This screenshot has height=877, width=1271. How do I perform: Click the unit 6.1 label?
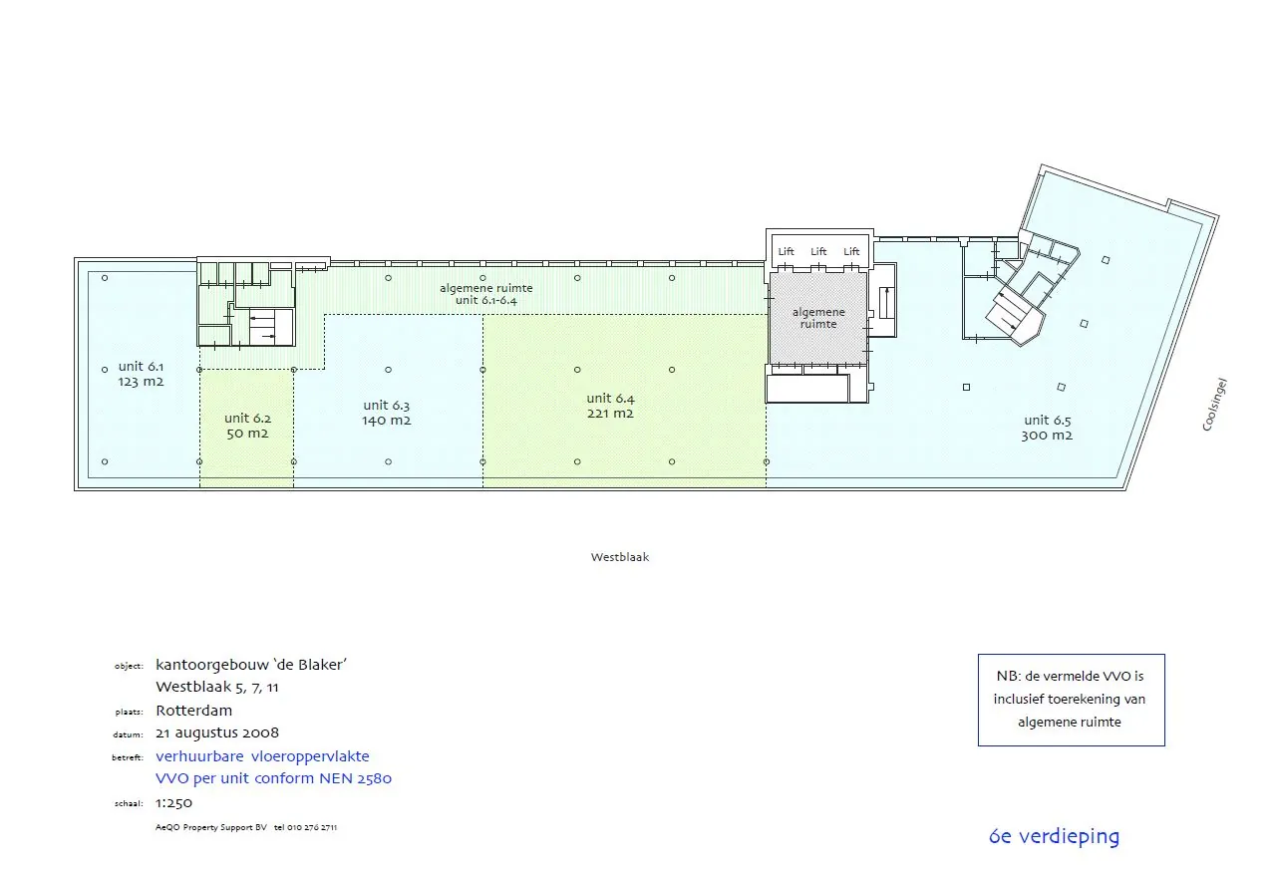(x=141, y=367)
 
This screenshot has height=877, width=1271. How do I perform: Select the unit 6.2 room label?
(x=247, y=419)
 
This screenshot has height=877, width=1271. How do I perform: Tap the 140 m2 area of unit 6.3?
(x=387, y=421)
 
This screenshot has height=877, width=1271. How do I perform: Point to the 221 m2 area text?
(x=610, y=414)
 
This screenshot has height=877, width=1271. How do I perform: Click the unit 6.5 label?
(x=1047, y=421)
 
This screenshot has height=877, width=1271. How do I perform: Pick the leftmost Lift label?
(x=787, y=252)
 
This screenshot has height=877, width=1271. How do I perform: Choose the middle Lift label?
(x=818, y=252)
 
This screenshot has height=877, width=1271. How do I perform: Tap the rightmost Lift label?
(x=851, y=252)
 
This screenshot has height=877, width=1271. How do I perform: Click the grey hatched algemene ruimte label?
(x=818, y=318)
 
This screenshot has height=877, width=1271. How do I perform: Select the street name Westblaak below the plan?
(x=619, y=558)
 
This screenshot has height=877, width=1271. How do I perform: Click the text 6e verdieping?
(x=1054, y=837)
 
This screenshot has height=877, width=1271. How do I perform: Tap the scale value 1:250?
(x=174, y=802)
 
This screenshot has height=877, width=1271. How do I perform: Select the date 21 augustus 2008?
(x=217, y=733)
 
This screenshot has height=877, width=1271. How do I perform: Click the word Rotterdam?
(x=194, y=711)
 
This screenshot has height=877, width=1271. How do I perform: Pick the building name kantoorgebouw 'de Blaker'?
(x=251, y=665)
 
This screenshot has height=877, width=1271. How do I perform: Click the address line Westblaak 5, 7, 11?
(x=216, y=687)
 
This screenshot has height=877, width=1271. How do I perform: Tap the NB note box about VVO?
(x=1071, y=700)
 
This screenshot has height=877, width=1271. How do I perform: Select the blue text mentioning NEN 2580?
(x=273, y=778)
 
